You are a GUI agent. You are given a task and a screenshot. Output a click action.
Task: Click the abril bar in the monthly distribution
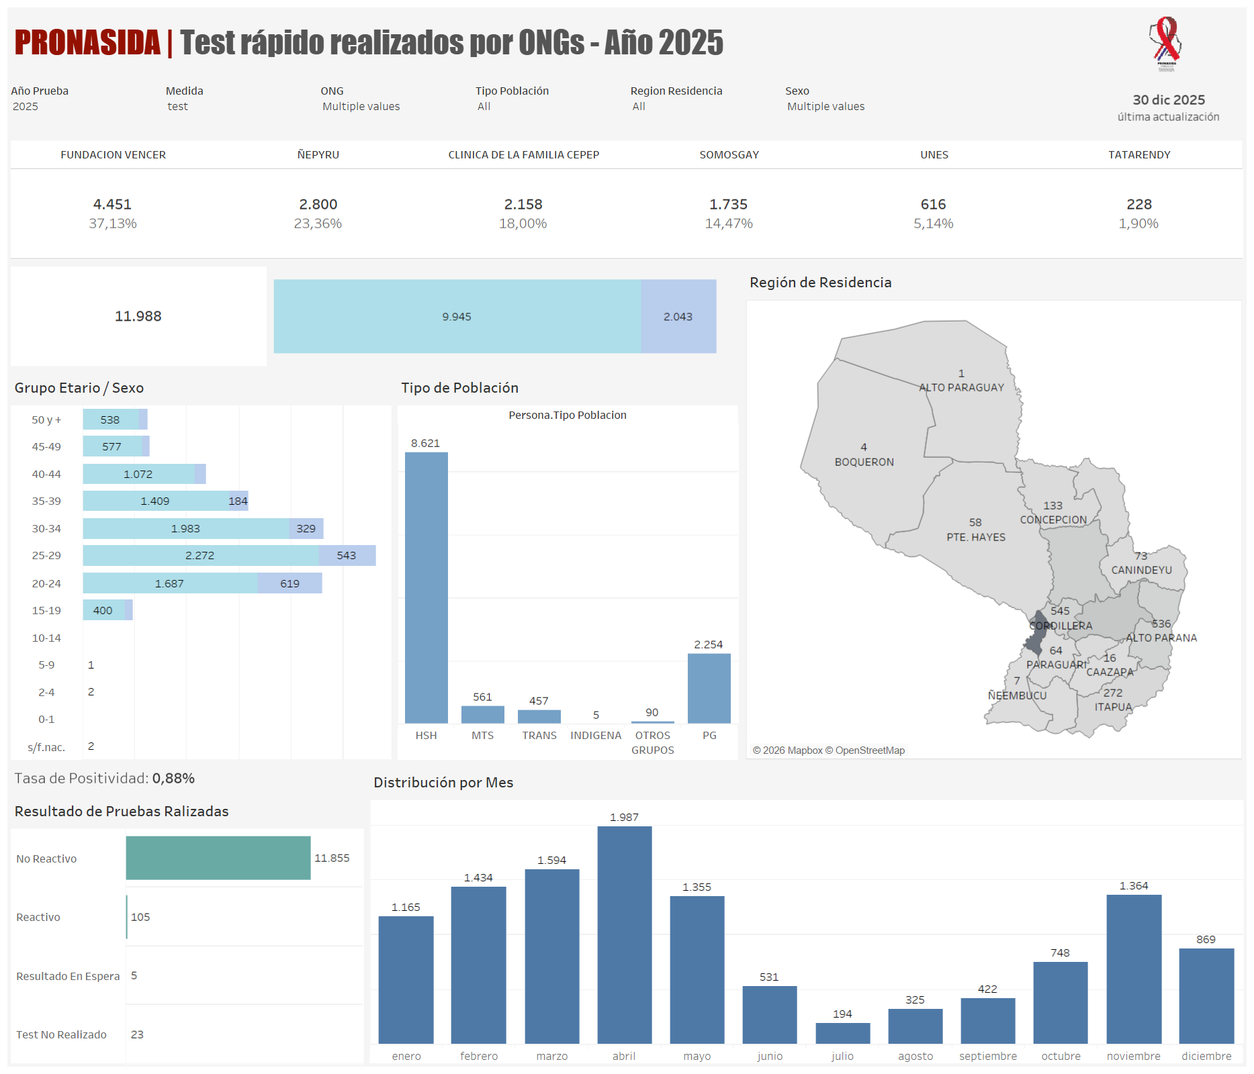click(624, 934)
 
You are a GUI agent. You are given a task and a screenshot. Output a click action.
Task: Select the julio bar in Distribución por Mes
click(842, 1033)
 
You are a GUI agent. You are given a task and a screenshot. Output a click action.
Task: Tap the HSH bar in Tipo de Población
click(426, 587)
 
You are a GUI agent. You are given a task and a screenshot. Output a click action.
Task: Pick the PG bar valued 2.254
click(709, 688)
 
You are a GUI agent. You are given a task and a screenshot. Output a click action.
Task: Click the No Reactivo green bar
click(218, 858)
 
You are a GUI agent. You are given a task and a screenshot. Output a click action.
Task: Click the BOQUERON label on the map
click(864, 462)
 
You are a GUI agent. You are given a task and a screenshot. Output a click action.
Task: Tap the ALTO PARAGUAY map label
click(961, 387)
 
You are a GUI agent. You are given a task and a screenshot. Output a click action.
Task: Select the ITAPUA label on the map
click(1113, 707)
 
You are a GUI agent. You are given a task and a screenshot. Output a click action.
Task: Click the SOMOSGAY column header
click(729, 155)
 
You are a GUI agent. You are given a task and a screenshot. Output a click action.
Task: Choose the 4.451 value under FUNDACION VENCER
click(112, 204)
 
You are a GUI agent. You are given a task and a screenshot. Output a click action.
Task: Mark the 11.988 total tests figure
click(138, 316)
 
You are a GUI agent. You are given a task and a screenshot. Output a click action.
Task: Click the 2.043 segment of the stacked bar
click(678, 317)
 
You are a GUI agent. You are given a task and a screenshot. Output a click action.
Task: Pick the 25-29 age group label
click(46, 556)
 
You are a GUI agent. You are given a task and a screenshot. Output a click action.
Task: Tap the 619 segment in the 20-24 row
click(289, 583)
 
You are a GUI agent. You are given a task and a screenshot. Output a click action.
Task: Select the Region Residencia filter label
click(676, 91)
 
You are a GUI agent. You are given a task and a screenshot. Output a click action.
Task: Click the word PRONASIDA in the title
click(87, 42)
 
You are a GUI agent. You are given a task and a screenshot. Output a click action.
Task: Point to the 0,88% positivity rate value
click(173, 779)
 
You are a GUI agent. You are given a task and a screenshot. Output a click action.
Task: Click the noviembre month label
click(1133, 1056)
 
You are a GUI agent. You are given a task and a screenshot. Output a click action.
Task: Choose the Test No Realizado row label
click(61, 1034)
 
